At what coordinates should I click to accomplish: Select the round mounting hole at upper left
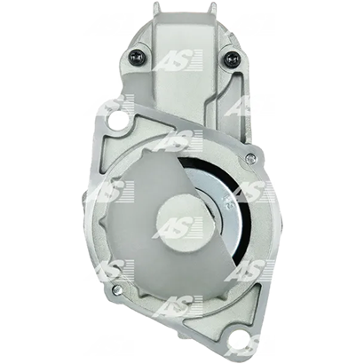116,121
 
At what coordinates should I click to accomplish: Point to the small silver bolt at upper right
250,158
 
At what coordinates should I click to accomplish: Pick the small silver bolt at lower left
116,288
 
